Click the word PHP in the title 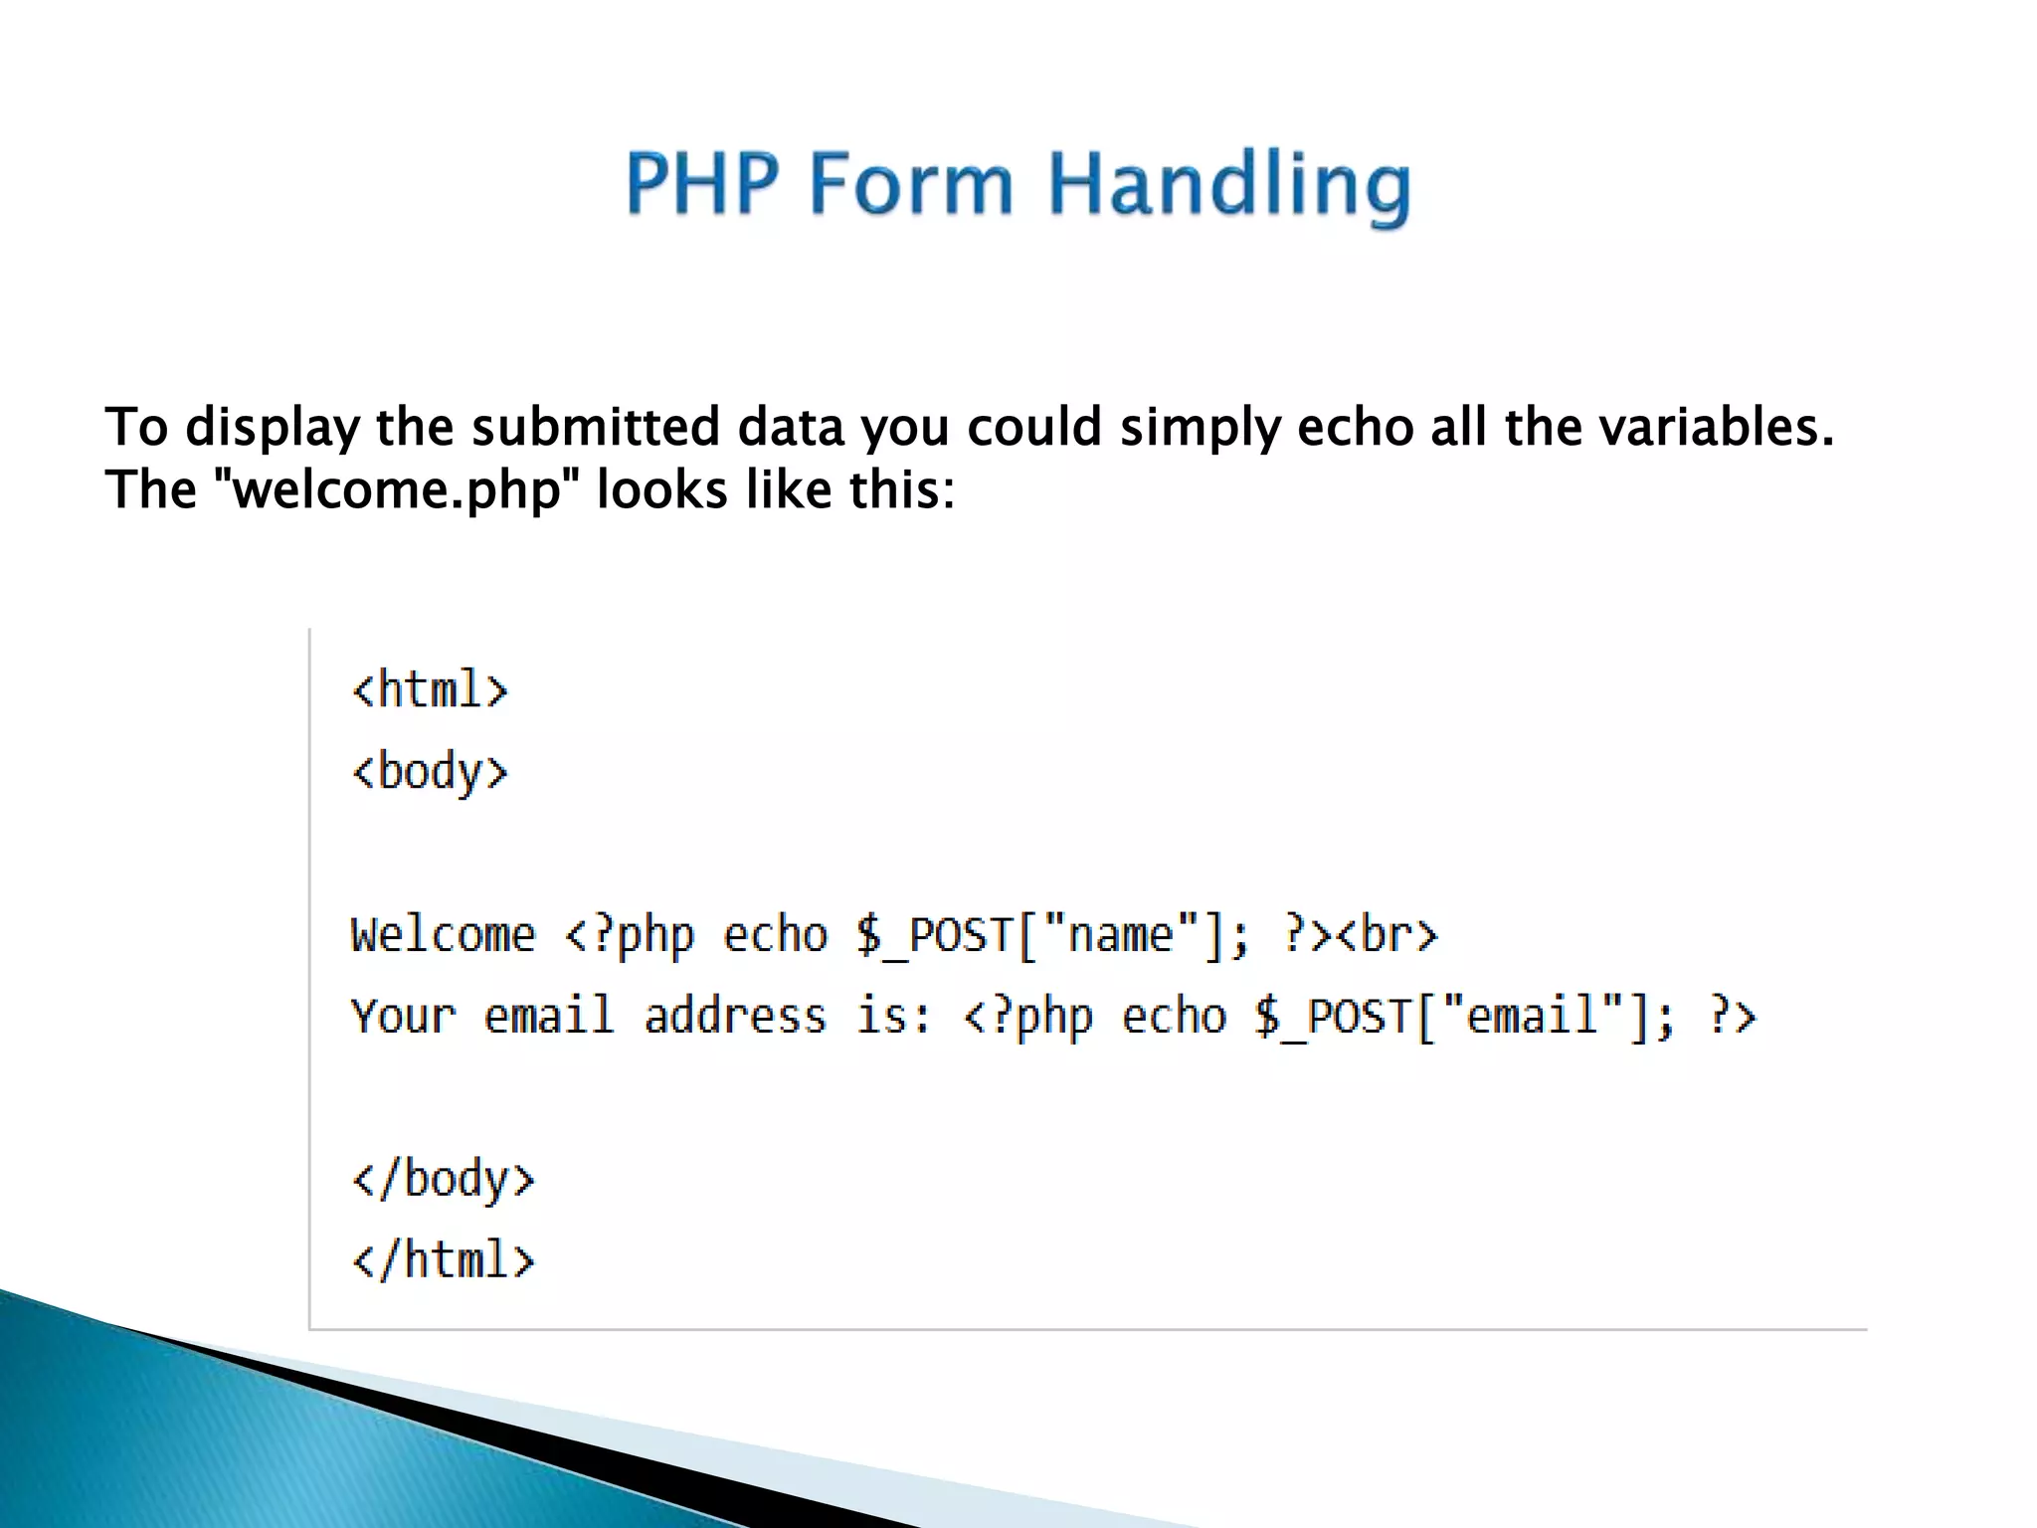701,184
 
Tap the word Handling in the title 1229,186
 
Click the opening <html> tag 430,690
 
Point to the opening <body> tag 430,773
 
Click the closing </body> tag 443,1180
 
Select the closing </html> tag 443,1260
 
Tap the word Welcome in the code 443,935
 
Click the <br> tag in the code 1387,935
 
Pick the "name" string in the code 1120,935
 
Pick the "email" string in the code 1532,1017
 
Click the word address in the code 734,1017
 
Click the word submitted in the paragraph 595,428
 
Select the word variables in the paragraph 1715,428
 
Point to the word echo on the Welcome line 775,935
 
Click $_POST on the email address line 1333,1017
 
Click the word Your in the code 403,1017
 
